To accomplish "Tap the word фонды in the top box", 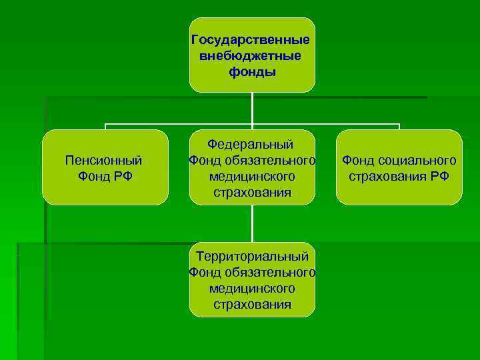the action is (x=251, y=71).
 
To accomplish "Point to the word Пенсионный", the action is (x=103, y=160).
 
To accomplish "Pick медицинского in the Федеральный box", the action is (x=251, y=177).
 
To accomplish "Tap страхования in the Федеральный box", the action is (x=252, y=193).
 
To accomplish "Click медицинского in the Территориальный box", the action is (x=251, y=289).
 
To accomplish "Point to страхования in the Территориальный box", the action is (x=252, y=305).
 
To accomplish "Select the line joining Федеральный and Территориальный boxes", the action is (x=252, y=223).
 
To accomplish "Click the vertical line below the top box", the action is (x=252, y=107).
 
